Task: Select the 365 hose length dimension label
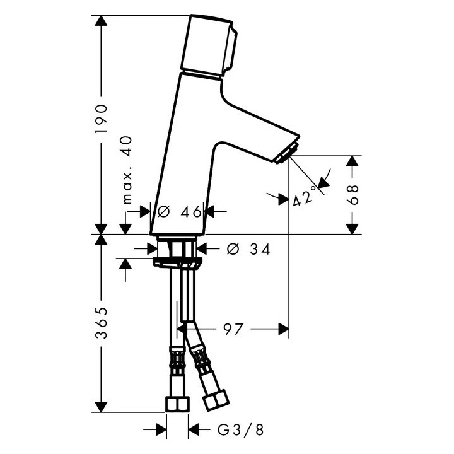click(102, 323)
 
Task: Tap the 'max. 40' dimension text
click(127, 170)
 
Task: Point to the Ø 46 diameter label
click(179, 212)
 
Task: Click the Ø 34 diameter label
click(248, 249)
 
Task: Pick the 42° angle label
click(304, 196)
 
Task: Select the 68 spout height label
click(352, 195)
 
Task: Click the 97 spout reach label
click(233, 329)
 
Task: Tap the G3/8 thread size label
click(241, 430)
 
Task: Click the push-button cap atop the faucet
click(209, 46)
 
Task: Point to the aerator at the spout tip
click(286, 153)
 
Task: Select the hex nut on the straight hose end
click(177, 404)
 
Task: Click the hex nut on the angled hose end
click(216, 400)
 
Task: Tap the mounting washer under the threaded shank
click(177, 263)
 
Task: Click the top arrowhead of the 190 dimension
click(101, 21)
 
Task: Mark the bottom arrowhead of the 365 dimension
click(101, 406)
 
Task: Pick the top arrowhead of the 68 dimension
click(352, 161)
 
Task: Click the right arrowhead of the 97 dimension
click(284, 329)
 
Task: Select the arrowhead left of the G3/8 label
click(161, 429)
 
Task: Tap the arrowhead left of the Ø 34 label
click(153, 248)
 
